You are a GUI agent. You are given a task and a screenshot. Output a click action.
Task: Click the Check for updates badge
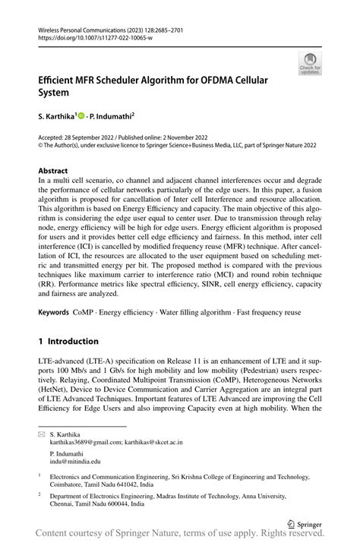(309, 64)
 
